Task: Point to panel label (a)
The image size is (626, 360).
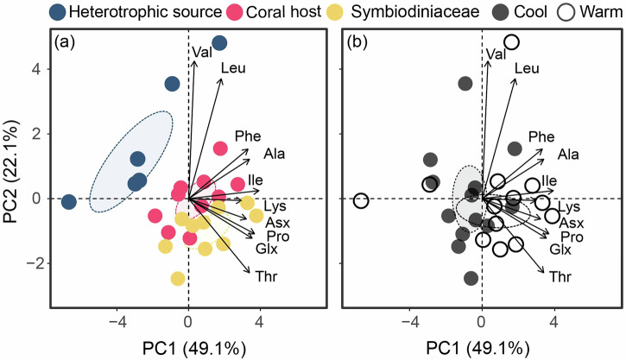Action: click(68, 42)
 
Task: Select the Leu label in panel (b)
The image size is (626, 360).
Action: click(526, 69)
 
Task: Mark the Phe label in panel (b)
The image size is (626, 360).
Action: click(541, 136)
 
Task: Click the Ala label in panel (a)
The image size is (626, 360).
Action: click(275, 155)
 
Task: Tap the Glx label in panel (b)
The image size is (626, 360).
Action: click(560, 249)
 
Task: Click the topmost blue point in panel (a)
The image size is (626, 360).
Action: click(219, 43)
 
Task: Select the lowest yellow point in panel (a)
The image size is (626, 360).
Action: click(178, 279)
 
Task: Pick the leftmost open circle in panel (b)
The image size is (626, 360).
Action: click(361, 200)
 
